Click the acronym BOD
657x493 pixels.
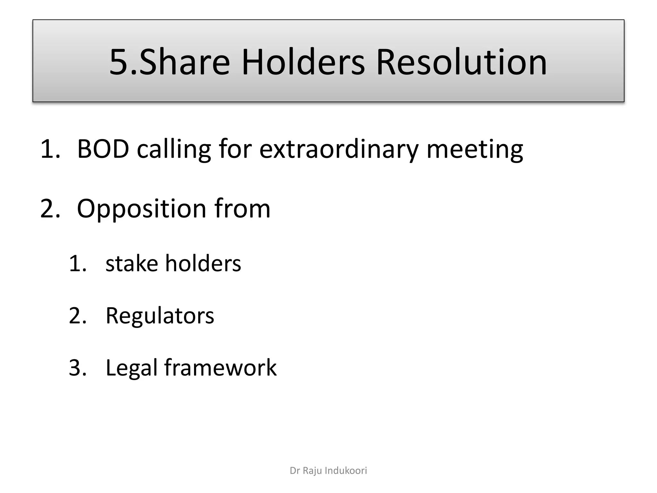tap(103, 149)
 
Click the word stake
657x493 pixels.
tap(132, 263)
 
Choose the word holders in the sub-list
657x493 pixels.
tap(203, 263)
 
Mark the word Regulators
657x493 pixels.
tap(160, 316)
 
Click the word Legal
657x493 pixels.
tap(131, 368)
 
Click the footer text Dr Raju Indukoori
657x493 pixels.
tap(328, 471)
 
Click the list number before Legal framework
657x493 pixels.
tap(77, 368)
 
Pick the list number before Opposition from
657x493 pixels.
tap(50, 209)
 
